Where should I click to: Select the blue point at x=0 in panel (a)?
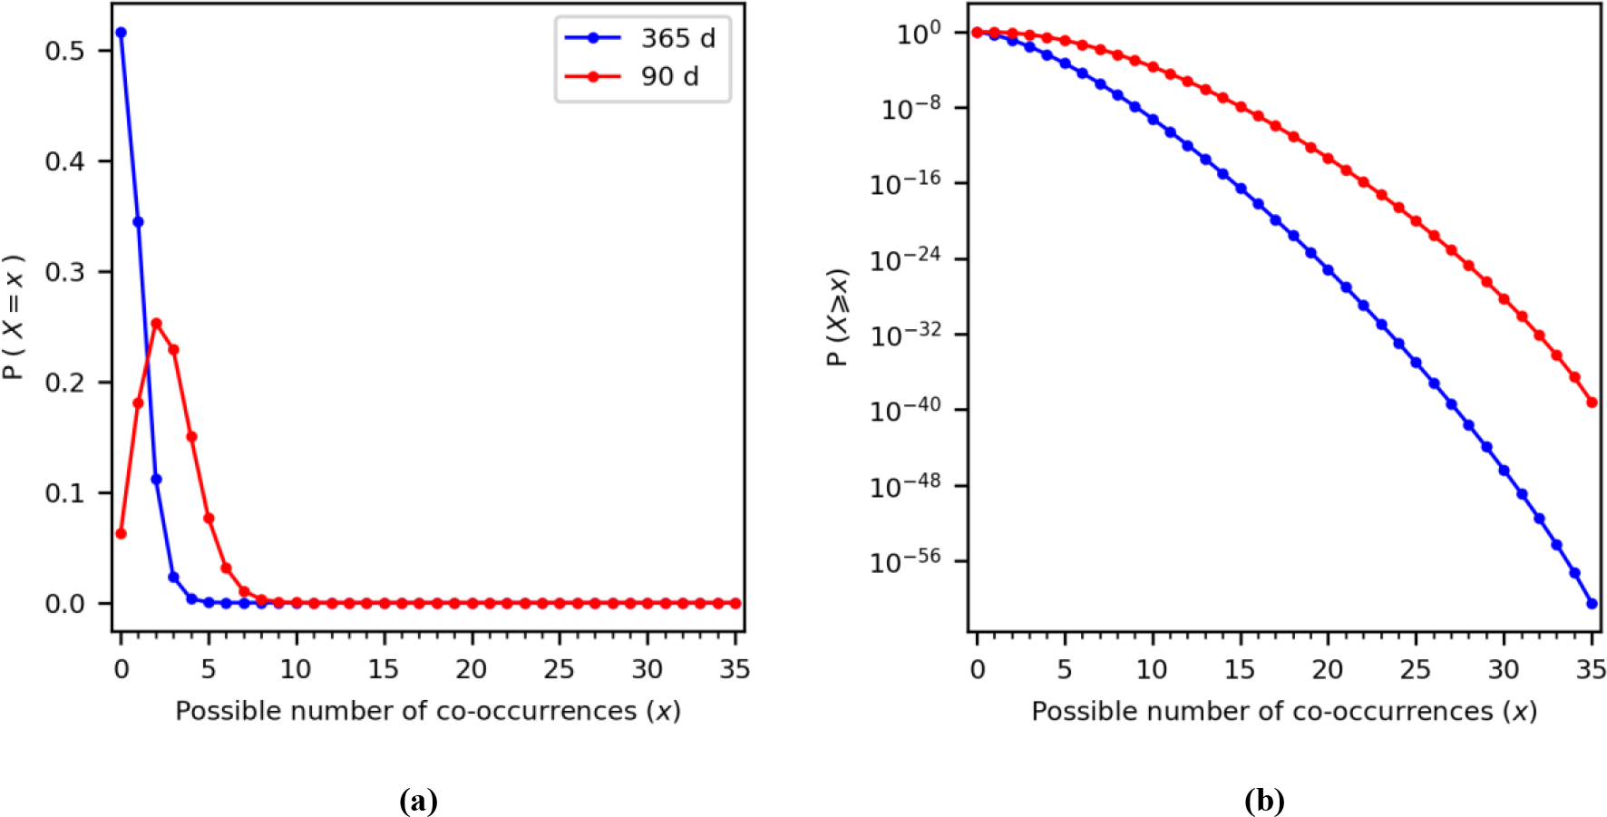pyautogui.click(x=121, y=33)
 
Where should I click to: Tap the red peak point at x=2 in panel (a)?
pyautogui.click(x=156, y=323)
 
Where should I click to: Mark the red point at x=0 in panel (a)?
pyautogui.click(x=121, y=533)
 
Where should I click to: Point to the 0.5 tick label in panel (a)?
pyautogui.click(x=64, y=51)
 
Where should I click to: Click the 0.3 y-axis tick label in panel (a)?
pyautogui.click(x=64, y=272)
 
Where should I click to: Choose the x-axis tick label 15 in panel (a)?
pyautogui.click(x=384, y=669)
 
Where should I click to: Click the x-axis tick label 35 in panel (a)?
pyautogui.click(x=735, y=669)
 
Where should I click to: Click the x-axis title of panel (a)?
pyautogui.click(x=428, y=711)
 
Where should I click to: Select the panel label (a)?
pyautogui.click(x=418, y=801)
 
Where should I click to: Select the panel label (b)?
pyautogui.click(x=1264, y=801)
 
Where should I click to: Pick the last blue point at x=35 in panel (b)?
pyautogui.click(x=1592, y=603)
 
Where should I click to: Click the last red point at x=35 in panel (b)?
pyautogui.click(x=1592, y=402)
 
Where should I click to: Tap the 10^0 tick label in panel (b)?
pyautogui.click(x=918, y=34)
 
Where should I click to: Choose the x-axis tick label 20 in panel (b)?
pyautogui.click(x=1328, y=669)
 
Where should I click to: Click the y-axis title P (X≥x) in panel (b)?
pyautogui.click(x=838, y=317)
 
